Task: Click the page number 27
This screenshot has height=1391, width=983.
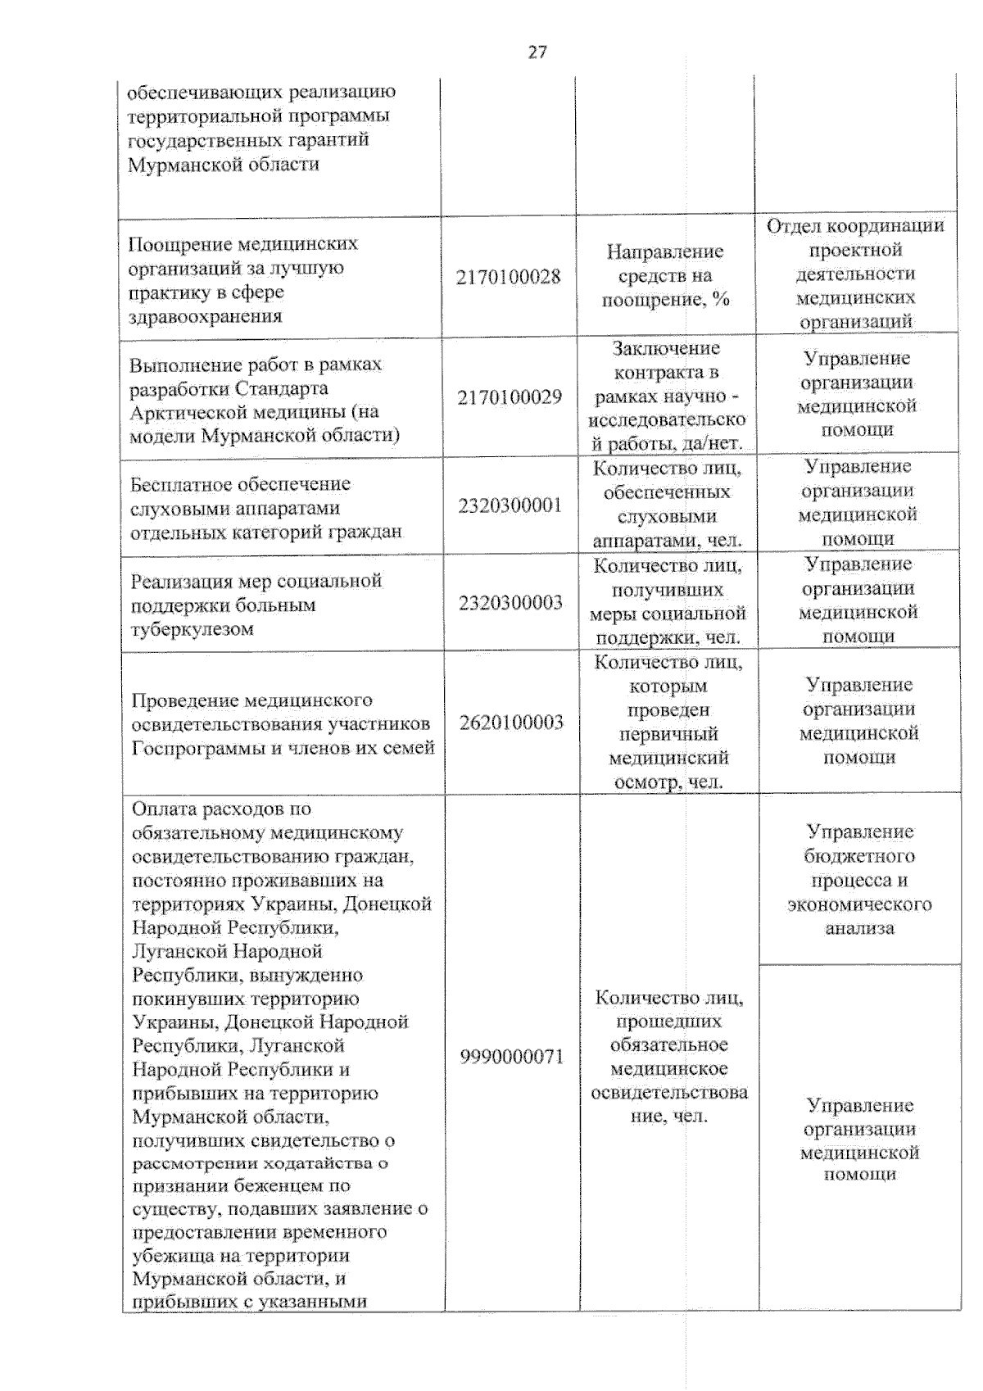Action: coord(537,52)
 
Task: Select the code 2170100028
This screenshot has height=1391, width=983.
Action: coord(509,277)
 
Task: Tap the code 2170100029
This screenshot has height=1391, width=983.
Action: coord(510,397)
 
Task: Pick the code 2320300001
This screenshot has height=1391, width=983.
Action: coord(510,505)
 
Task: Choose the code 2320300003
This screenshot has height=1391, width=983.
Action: coord(510,603)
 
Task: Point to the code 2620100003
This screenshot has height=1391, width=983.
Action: coord(511,723)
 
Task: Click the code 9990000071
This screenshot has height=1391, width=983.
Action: coord(512,1057)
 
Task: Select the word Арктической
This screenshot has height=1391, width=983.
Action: coord(179,412)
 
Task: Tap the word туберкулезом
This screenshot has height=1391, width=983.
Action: coord(192,629)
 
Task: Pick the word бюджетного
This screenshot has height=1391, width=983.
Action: coord(859,857)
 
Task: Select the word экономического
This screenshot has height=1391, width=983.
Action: coord(859,904)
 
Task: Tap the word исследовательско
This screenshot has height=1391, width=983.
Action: coord(667,420)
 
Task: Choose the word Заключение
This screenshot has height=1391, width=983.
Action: coord(667,349)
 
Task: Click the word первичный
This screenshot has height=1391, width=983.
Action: coord(668,734)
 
